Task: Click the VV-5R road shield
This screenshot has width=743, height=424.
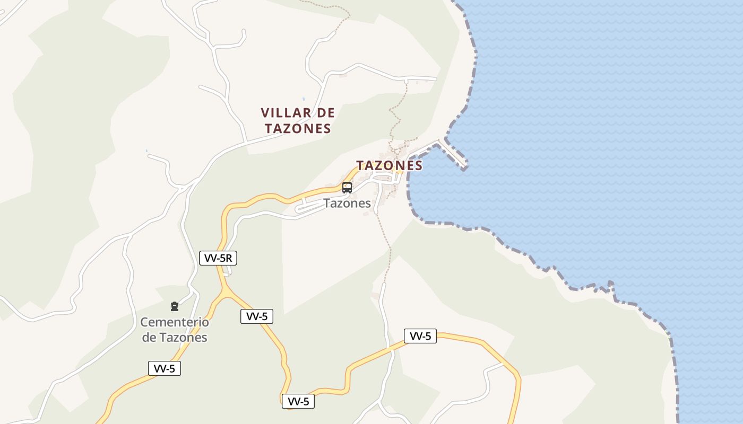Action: tap(218, 258)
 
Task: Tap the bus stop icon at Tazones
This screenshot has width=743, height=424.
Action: tap(347, 187)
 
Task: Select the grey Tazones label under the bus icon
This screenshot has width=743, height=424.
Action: tap(347, 203)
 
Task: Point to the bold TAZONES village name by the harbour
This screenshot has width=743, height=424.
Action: tap(390, 165)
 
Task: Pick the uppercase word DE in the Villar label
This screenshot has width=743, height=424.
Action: tap(326, 113)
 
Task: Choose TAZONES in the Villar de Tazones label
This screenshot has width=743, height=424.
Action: tap(298, 128)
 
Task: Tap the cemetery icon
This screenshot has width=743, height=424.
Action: tap(174, 306)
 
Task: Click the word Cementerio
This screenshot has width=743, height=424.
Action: tap(175, 322)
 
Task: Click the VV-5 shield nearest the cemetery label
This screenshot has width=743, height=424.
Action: tap(165, 368)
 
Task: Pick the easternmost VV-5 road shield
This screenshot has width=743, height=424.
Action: tap(420, 336)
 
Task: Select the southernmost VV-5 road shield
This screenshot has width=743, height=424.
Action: tap(298, 401)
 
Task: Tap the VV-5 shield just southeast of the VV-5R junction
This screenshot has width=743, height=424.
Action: tap(257, 316)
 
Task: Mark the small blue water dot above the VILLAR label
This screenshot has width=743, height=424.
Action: tap(304, 99)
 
